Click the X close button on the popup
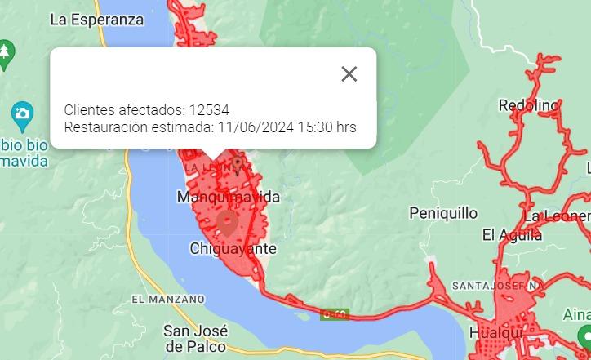point(349,73)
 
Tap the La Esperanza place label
point(96,20)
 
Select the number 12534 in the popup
point(209,109)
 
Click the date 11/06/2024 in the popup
point(255,127)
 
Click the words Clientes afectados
point(123,109)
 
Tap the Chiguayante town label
point(233,248)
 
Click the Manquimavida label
point(229,197)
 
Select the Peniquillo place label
point(443,213)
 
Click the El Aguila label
point(512,235)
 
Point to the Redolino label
point(529,105)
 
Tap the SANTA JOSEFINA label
point(495,286)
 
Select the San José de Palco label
point(196,339)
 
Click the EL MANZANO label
point(167,300)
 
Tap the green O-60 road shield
point(335,313)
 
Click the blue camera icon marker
point(22,113)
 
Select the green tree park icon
point(5,51)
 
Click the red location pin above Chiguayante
point(225,222)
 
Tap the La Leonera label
point(557,216)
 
